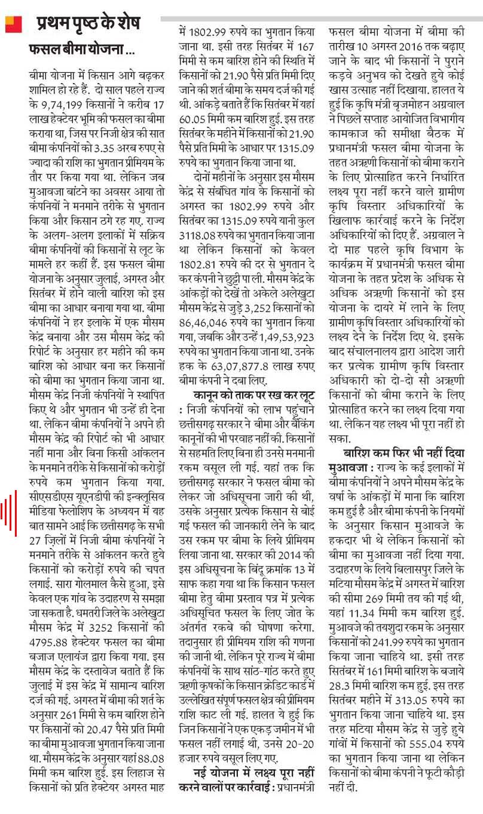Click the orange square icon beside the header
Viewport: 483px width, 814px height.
(x=13, y=24)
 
